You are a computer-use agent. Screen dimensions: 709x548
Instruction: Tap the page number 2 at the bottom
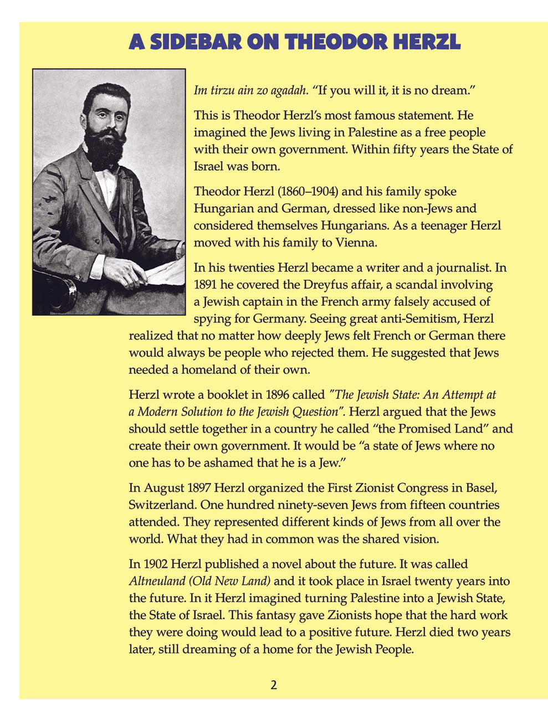tap(274, 685)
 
